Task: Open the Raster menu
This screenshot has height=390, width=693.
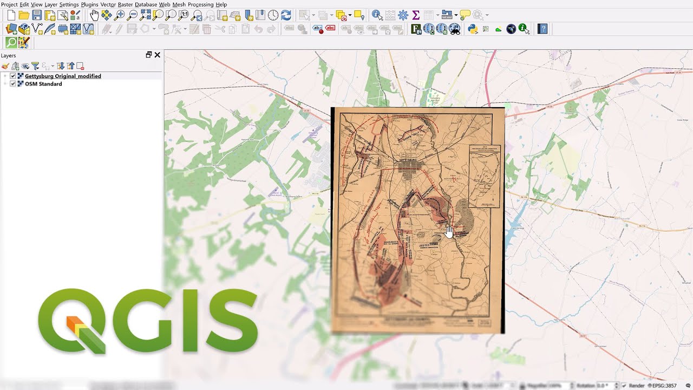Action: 125,4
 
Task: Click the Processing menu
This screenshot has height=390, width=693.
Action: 200,4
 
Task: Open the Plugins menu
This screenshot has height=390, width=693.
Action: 89,4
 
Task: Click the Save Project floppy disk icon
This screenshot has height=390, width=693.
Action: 37,15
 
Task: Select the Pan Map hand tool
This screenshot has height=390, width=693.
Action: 94,15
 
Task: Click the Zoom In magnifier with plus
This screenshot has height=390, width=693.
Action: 120,15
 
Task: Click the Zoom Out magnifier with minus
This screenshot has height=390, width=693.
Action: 133,15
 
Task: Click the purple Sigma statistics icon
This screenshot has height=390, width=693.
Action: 416,15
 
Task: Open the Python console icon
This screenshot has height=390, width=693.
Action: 473,29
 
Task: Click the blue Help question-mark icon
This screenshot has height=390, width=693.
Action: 543,29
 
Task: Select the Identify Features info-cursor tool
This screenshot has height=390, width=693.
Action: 377,15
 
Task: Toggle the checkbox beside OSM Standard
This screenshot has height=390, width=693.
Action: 13,84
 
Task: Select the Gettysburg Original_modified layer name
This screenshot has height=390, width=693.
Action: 63,76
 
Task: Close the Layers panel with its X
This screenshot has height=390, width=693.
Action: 158,55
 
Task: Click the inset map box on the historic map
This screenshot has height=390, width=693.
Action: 485,176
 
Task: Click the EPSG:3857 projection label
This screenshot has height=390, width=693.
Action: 664,386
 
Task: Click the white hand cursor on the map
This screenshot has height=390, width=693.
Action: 449,232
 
